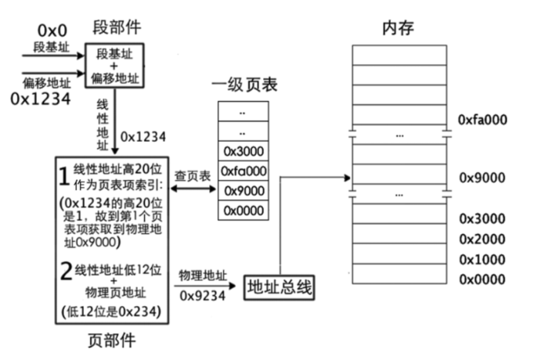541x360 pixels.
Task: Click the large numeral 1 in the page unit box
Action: point(63,175)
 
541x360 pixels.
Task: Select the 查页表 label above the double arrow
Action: point(192,178)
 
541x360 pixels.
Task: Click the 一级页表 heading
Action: point(243,84)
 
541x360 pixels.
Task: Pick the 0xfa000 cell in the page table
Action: point(243,171)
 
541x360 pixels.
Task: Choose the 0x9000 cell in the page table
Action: point(243,190)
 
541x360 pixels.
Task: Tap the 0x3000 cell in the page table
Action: point(243,151)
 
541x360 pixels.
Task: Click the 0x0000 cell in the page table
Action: point(243,210)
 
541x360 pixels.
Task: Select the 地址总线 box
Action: point(280,287)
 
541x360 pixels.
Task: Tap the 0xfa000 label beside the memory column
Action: point(483,119)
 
